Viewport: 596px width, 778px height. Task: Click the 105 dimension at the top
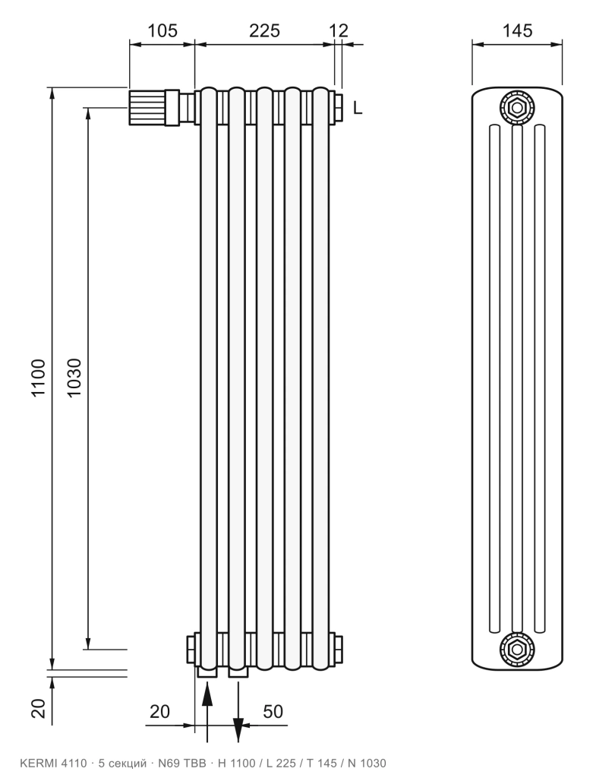click(x=162, y=30)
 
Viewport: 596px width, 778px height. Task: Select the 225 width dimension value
click(x=264, y=30)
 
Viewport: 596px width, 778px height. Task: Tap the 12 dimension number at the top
click(x=339, y=30)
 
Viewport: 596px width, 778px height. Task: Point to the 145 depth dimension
click(x=517, y=30)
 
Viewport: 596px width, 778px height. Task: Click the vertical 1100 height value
click(x=38, y=378)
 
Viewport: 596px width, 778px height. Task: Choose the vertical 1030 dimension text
click(x=74, y=378)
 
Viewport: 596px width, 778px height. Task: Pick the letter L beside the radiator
click(x=358, y=108)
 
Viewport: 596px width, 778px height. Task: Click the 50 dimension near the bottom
click(x=273, y=711)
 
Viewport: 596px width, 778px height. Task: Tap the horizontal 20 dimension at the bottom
click(x=159, y=711)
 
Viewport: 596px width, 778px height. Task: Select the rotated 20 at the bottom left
click(x=38, y=708)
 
